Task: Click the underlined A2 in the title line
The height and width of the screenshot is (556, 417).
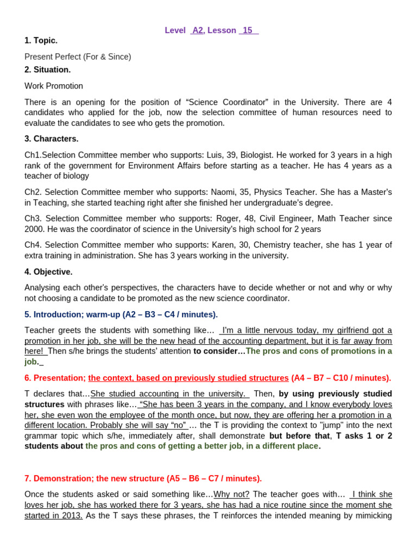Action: [x=198, y=30]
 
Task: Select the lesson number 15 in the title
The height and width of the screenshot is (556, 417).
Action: [x=248, y=30]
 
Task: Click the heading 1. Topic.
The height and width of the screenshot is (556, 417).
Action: [x=41, y=40]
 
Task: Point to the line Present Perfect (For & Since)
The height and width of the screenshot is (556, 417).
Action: [x=78, y=56]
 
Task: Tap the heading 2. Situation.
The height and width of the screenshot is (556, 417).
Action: [x=47, y=69]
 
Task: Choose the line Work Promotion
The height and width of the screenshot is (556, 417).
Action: [x=54, y=86]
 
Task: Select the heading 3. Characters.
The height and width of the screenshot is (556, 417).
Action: [x=51, y=138]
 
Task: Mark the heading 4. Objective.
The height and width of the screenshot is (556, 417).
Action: [x=48, y=271]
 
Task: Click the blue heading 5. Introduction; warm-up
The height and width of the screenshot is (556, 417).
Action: [x=121, y=314]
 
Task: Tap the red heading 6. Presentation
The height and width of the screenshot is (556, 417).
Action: [x=55, y=378]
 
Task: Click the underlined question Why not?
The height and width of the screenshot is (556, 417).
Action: [x=231, y=494]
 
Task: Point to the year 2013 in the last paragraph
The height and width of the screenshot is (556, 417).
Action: [x=72, y=515]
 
